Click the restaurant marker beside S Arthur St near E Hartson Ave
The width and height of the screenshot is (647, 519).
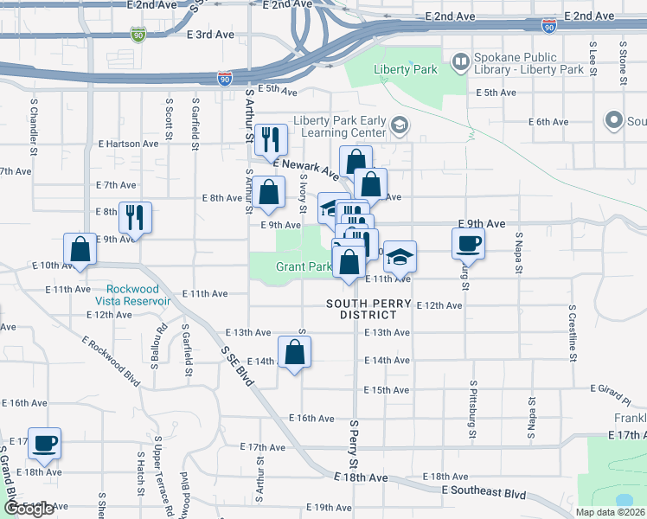[270, 138]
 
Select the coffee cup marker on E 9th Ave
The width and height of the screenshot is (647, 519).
[468, 243]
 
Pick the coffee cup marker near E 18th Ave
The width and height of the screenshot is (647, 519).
[44, 443]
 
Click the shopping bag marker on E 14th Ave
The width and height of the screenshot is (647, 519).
[295, 351]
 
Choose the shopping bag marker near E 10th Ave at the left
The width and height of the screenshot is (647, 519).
[80, 249]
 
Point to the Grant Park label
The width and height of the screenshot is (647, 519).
[303, 266]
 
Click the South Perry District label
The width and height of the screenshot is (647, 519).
[368, 309]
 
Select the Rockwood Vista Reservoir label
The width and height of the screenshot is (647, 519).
[138, 295]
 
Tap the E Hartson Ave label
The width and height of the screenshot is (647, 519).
[128, 144]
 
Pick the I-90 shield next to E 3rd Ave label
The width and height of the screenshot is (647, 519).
[138, 35]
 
